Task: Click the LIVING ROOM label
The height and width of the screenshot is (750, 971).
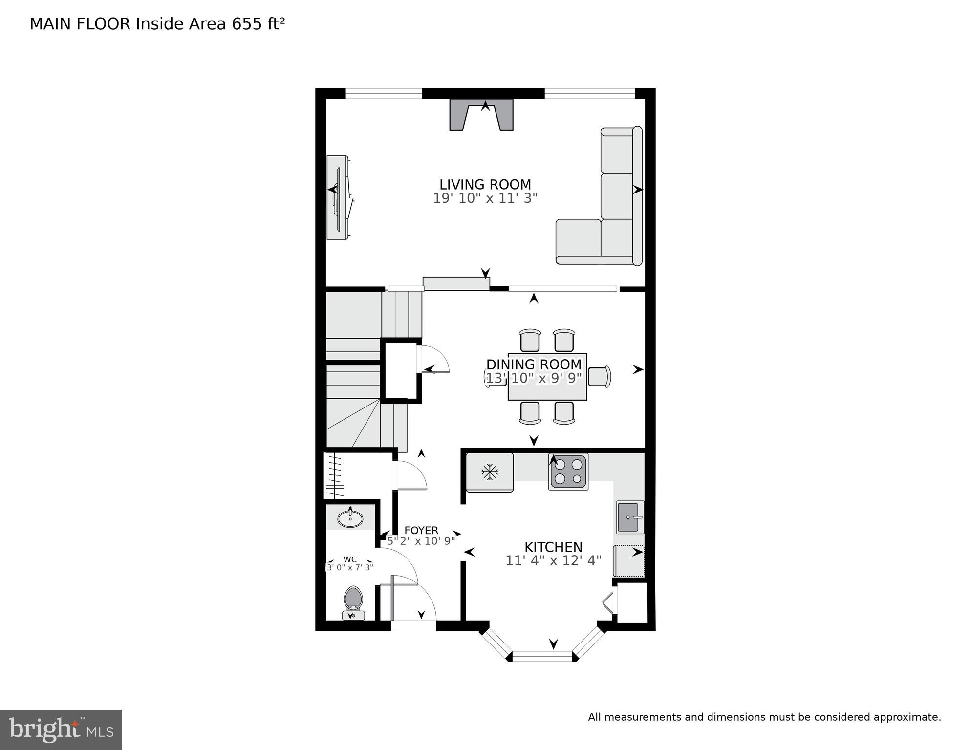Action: (485, 185)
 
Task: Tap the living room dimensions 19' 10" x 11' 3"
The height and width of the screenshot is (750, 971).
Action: (485, 198)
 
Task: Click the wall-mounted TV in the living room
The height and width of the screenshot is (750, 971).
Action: (339, 197)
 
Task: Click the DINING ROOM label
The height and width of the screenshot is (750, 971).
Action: (534, 364)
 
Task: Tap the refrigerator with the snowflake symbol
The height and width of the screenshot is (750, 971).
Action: (489, 472)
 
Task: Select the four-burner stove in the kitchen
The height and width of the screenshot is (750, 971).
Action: (568, 471)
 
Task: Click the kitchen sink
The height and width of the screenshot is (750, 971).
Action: (629, 517)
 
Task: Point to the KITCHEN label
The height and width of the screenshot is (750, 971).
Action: (553, 547)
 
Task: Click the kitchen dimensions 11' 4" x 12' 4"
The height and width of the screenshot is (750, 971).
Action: (553, 560)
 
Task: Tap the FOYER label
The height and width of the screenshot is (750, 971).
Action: (421, 530)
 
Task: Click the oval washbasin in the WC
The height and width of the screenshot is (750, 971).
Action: (350, 518)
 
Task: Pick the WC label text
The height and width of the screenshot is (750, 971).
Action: (350, 559)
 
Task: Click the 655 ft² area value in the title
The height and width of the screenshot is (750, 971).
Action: (258, 24)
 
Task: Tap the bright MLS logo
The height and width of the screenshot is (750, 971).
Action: (61, 729)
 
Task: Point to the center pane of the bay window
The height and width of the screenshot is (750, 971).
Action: (542, 656)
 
